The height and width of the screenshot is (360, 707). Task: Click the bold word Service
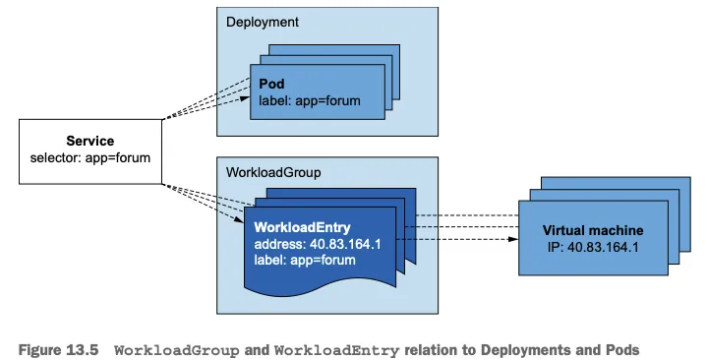pos(90,141)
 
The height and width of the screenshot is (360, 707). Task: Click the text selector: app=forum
pos(90,158)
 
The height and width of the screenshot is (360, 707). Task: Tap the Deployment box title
pos(263,22)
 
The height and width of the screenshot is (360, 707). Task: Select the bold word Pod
pos(271,84)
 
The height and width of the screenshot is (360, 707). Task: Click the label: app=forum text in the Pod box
pos(310,100)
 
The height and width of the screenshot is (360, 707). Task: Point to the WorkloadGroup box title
pos(273,173)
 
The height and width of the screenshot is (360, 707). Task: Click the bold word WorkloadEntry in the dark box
pos(302,227)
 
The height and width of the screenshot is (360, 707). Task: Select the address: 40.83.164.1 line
pos(318,244)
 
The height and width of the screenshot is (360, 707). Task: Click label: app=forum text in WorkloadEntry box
pos(305,260)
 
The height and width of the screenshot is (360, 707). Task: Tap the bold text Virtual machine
pos(593,230)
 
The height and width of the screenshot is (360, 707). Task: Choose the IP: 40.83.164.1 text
pos(593,247)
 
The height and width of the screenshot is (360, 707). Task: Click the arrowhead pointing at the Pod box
pos(245,98)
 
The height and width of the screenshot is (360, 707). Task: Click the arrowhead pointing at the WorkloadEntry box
pos(239,219)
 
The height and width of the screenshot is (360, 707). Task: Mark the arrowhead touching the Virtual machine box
pos(513,239)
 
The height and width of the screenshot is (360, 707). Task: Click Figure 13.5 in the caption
pos(58,350)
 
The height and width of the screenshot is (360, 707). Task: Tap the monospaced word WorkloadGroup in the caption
pos(177,350)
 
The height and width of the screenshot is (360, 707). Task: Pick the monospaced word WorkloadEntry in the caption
pos(337,350)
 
